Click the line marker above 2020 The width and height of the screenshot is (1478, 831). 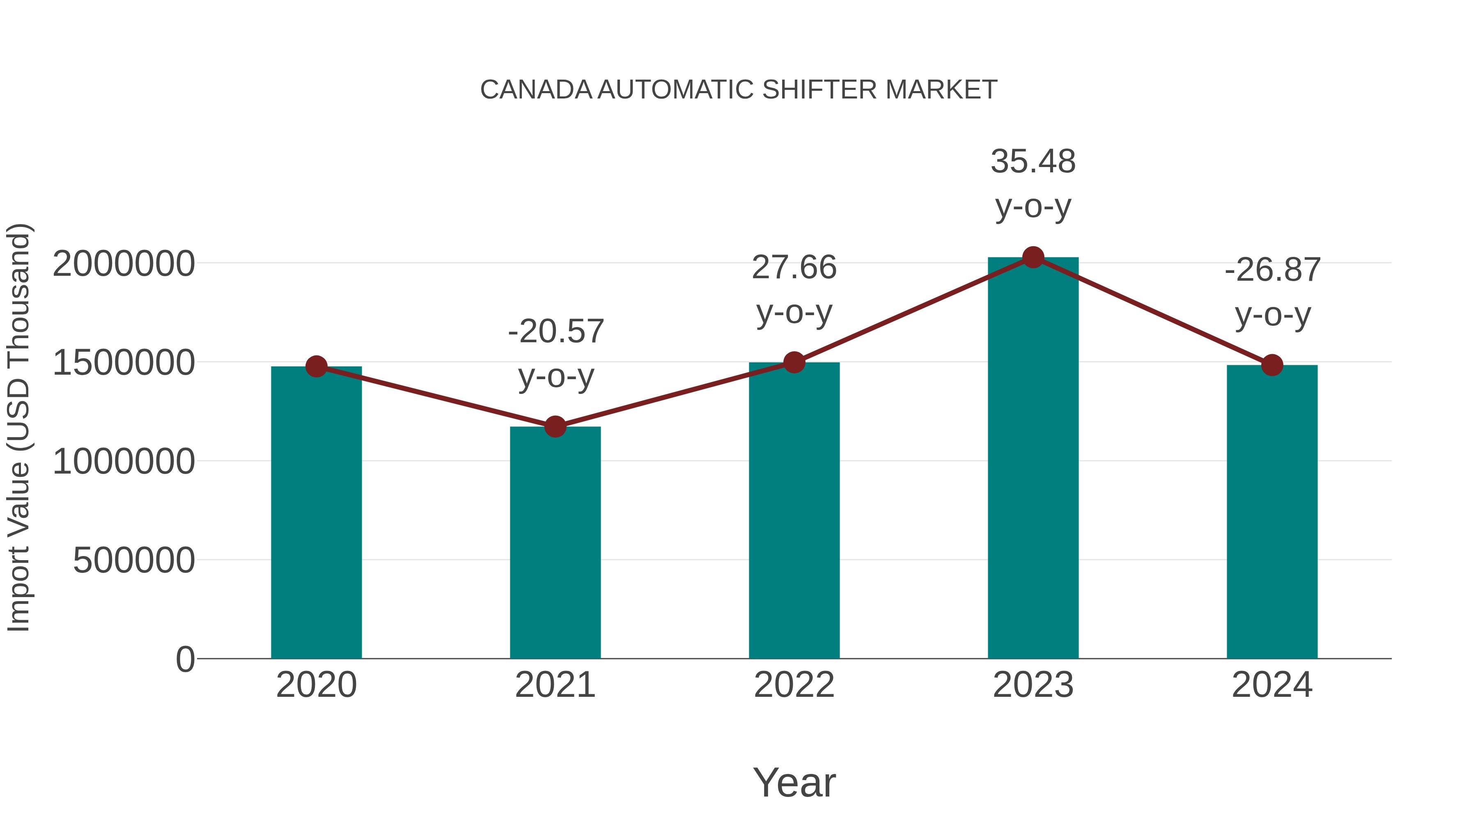pos(316,366)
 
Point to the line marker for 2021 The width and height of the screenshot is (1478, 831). pos(555,427)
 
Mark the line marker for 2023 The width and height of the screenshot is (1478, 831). pos(1033,257)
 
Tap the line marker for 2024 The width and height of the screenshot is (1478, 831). pos(1272,365)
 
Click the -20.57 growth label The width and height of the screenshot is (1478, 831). pos(556,332)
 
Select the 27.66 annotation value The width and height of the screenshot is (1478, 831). pos(794,268)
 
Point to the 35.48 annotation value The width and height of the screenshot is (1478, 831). pos(1033,162)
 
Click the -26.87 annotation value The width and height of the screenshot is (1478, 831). pos(1273,270)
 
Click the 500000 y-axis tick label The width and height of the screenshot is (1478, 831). pos(134,560)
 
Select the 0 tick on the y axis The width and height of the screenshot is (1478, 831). pos(185,659)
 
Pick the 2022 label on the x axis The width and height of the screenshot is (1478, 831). pos(794,685)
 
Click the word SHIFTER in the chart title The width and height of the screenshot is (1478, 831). pos(819,90)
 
